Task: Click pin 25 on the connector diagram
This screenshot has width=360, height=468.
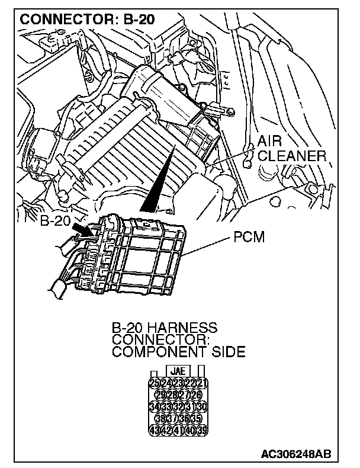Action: tap(154, 383)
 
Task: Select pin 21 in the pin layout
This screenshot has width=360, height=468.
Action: tap(202, 383)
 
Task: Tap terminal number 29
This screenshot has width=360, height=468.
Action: tap(160, 395)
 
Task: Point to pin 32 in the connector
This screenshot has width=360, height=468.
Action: tap(178, 406)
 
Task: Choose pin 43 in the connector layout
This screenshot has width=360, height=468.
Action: tap(154, 429)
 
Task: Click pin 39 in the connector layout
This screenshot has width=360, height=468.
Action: tap(202, 429)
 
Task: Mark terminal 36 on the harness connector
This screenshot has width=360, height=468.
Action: tap(184, 418)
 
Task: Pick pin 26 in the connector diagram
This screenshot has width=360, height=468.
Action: tap(197, 395)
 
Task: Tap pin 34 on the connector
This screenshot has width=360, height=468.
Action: tap(154, 406)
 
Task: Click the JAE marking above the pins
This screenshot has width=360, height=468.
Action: tap(178, 371)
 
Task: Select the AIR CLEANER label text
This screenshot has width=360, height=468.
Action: tap(292, 149)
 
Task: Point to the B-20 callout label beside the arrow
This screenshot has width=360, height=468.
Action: tap(56, 223)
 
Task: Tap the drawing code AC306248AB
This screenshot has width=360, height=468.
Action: tap(296, 454)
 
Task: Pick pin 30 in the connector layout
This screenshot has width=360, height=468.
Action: tap(202, 406)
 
